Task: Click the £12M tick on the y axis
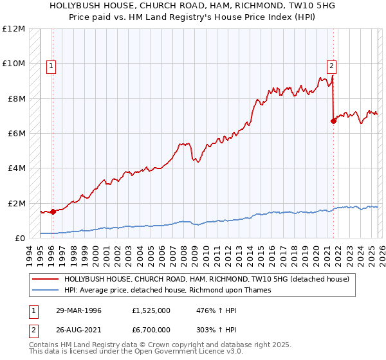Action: [13, 29]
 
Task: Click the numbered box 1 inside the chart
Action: [51, 65]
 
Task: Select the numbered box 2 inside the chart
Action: [331, 65]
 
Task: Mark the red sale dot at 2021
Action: [333, 121]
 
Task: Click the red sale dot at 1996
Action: [53, 212]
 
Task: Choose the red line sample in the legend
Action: [46, 280]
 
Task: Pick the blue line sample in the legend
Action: [46, 290]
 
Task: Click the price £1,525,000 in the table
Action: [150, 310]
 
